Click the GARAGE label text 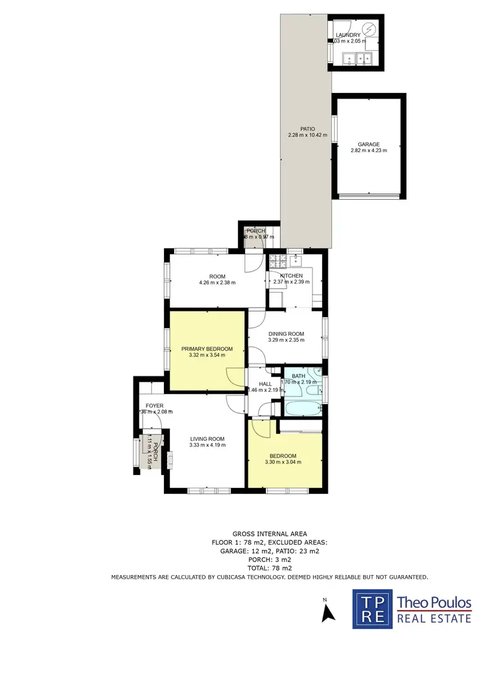point(368,144)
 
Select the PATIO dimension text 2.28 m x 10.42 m point(307,135)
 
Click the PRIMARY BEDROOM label point(207,349)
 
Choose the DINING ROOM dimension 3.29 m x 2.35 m point(286,340)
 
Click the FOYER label point(154,406)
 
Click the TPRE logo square point(372,609)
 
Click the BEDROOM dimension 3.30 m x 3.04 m point(283,462)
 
